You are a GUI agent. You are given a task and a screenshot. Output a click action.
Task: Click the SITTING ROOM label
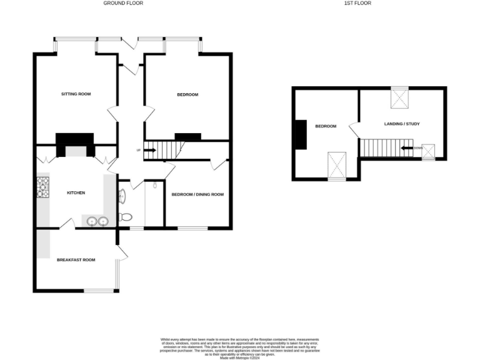tap(76, 94)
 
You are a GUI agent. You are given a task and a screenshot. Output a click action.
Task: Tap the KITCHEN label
tap(76, 192)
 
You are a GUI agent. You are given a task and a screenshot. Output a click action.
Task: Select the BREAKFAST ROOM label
tap(76, 259)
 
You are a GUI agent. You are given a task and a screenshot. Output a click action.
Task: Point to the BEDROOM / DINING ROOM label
tap(197, 194)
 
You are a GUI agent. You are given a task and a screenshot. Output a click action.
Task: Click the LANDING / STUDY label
tap(401, 124)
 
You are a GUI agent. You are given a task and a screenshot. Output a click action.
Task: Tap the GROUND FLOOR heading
tap(122, 3)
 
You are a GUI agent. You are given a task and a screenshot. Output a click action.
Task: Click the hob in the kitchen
tap(43, 187)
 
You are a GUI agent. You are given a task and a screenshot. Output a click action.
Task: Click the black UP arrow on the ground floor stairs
tap(150, 150)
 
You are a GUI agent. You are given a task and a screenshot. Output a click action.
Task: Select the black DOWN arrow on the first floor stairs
tap(407, 148)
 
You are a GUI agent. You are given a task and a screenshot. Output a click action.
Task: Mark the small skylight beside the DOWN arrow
tap(429, 151)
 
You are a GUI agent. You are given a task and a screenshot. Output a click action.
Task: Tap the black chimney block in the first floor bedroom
tap(301, 135)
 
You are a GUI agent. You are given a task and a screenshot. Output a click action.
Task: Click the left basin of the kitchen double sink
tap(92, 221)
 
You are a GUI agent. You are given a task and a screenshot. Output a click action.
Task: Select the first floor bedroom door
tap(354, 130)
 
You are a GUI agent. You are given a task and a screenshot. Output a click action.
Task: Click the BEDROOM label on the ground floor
tap(187, 95)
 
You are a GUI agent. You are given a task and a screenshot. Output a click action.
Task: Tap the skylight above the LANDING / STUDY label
tap(399, 98)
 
